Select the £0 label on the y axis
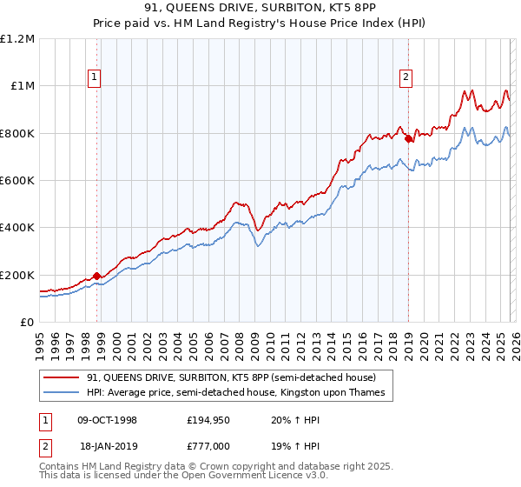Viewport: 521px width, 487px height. pos(26,323)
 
